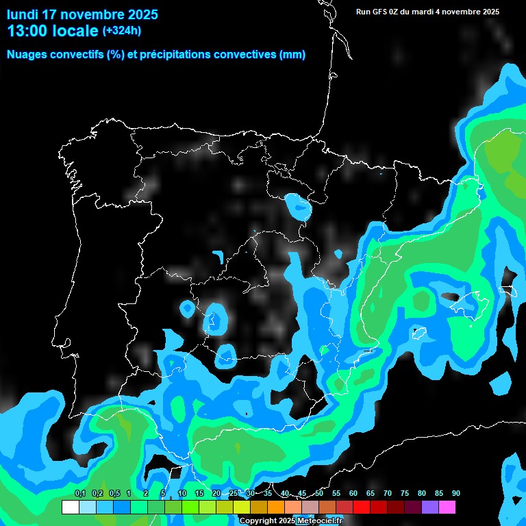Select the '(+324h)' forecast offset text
(x=122, y=31)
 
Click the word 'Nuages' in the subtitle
(x=27, y=55)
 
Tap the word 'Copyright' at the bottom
(x=258, y=521)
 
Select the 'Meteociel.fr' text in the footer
(x=319, y=521)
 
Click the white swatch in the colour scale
(x=70, y=508)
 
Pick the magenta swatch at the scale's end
(x=447, y=508)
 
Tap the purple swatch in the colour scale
(x=429, y=508)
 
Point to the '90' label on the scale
(x=455, y=494)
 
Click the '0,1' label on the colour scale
(x=79, y=494)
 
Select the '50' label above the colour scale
(x=319, y=494)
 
